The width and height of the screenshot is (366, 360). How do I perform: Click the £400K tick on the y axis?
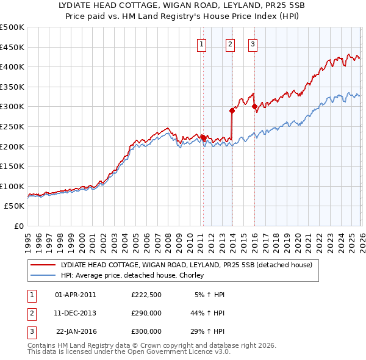(x=12, y=67)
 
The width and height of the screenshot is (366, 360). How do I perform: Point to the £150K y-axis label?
(x=12, y=166)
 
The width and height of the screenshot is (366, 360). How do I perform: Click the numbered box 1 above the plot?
(x=202, y=43)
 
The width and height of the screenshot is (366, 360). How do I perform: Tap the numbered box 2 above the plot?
(x=230, y=43)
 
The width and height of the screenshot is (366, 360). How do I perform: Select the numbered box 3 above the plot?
(x=253, y=43)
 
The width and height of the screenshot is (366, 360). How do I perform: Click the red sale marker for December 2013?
(x=232, y=110)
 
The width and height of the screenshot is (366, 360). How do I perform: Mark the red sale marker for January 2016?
(x=254, y=107)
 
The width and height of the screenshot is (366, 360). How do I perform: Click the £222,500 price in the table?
(x=146, y=295)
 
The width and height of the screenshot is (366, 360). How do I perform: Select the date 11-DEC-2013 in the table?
(x=76, y=313)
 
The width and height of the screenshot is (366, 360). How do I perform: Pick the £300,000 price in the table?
(x=146, y=331)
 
